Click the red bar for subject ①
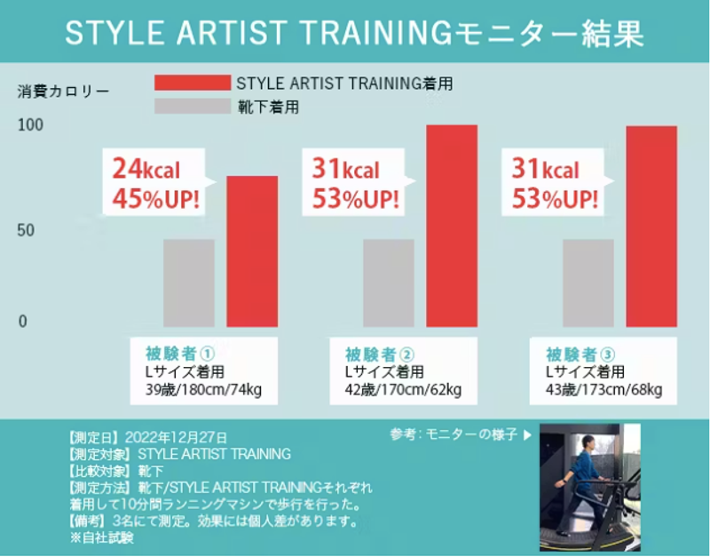point(252,251)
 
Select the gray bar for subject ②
point(388,282)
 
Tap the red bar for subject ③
point(651,227)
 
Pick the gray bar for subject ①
point(188,282)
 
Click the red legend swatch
point(192,83)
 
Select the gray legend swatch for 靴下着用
point(192,107)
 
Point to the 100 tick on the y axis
point(30,125)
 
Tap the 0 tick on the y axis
point(24,322)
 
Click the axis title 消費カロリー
point(64,91)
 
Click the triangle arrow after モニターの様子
point(527,435)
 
